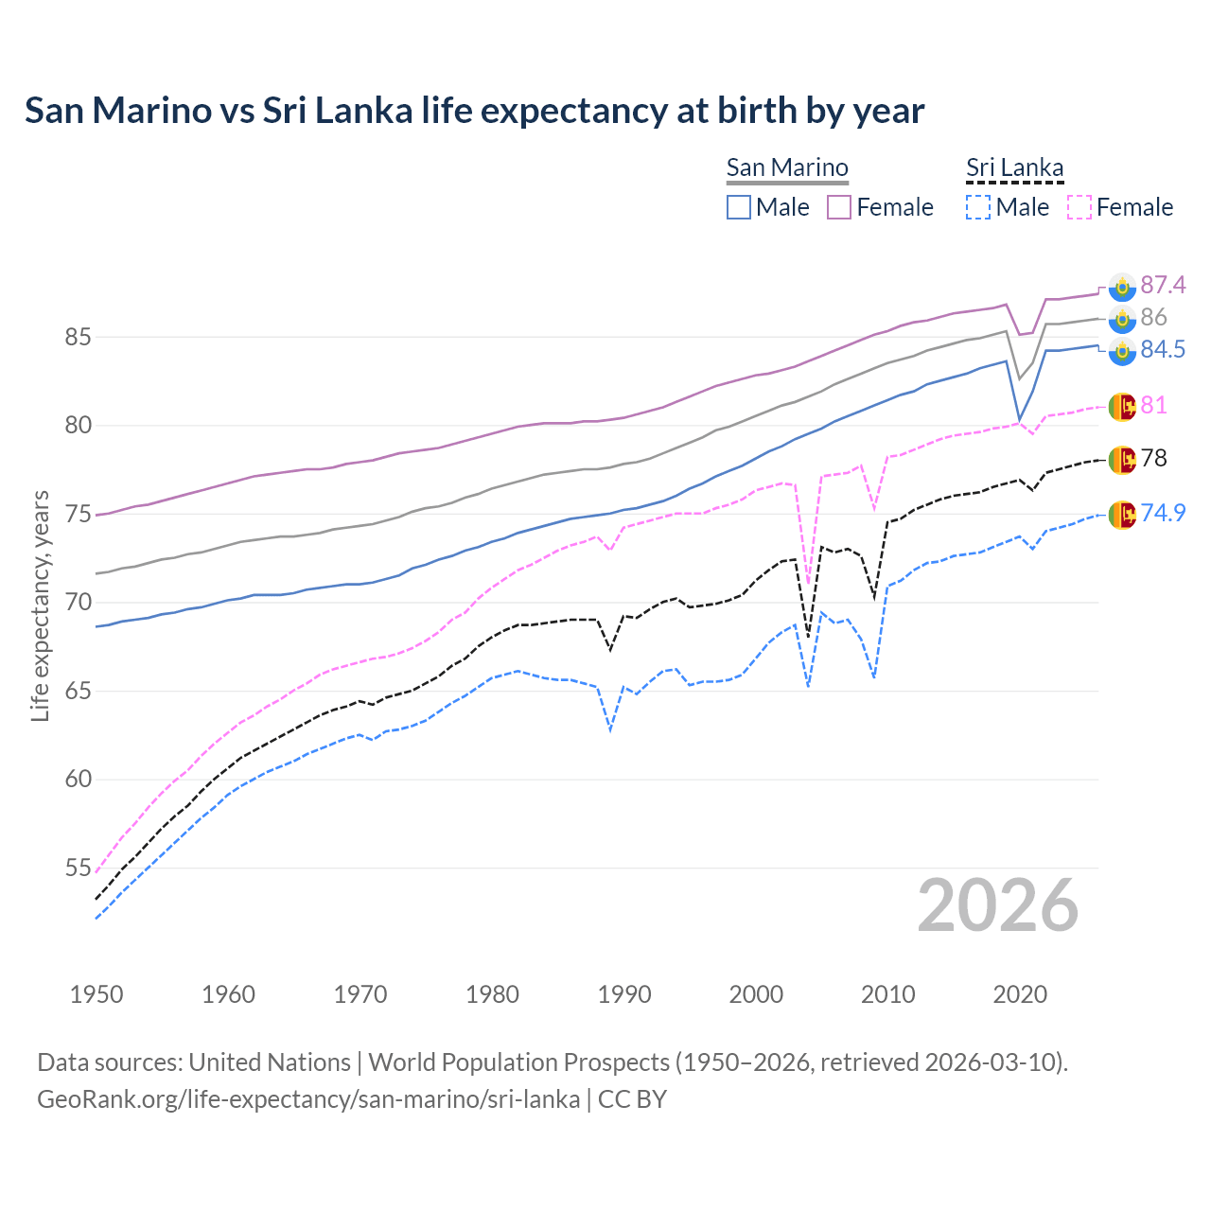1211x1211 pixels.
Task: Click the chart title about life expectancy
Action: (x=474, y=111)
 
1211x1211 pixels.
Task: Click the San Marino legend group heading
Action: (x=787, y=167)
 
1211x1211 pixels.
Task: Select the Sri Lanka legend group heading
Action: (x=1014, y=167)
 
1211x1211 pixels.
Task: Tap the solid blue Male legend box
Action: (x=739, y=207)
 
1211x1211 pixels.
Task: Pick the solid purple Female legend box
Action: (x=839, y=207)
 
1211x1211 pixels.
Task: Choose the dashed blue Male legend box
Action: (x=978, y=207)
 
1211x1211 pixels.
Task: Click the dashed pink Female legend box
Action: (x=1079, y=207)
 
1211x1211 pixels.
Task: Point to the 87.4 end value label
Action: (x=1162, y=285)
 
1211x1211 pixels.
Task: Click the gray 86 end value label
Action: (x=1153, y=317)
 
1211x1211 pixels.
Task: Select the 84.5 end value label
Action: (x=1162, y=349)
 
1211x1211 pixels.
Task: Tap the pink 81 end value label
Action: (x=1153, y=405)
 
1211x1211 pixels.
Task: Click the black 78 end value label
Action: (x=1153, y=458)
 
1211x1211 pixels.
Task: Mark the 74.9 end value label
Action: (x=1162, y=513)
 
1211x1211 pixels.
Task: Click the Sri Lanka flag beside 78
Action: (x=1122, y=459)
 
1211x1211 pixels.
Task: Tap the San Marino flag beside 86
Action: (x=1122, y=319)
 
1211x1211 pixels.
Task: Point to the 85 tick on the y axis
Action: (x=78, y=337)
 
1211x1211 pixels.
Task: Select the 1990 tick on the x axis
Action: (x=624, y=994)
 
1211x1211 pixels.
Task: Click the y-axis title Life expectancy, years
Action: (x=40, y=605)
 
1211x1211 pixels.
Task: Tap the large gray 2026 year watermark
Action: (x=997, y=905)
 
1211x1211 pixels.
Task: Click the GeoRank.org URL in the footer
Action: (x=308, y=1099)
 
